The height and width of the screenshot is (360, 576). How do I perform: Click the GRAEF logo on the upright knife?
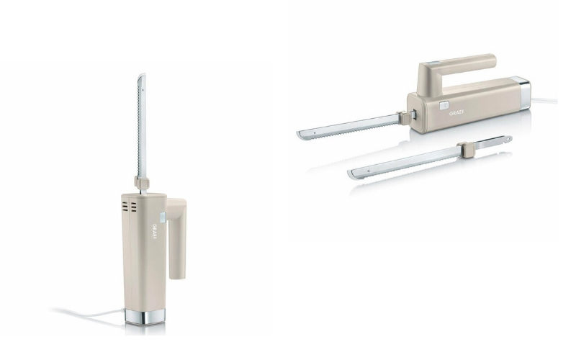pos(154,232)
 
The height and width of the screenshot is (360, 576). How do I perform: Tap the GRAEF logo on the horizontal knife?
pos(456,113)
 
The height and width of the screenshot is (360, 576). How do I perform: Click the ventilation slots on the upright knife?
pos(129,207)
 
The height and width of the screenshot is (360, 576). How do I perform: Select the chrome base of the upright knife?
pos(145,317)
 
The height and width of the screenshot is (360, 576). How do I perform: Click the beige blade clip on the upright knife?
pos(142,183)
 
